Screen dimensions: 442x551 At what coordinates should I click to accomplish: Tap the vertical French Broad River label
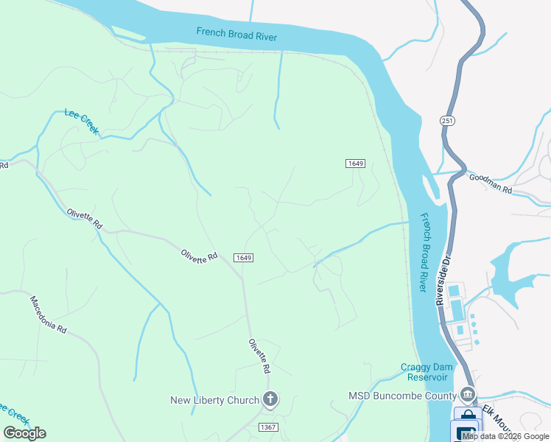[x=424, y=252]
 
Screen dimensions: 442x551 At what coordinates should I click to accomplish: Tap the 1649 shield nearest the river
[x=356, y=163]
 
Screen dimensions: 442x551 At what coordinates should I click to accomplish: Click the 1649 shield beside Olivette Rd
[x=245, y=257]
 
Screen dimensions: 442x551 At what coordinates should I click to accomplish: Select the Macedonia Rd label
[x=48, y=315]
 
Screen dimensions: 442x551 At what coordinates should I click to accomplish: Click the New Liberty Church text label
[x=214, y=400]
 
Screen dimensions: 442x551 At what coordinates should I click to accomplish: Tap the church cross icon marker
[x=270, y=400]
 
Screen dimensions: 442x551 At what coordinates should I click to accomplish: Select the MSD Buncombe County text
[x=401, y=396]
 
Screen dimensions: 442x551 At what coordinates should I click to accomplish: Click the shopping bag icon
[x=466, y=416]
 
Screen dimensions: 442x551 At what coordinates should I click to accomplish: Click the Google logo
[x=24, y=433]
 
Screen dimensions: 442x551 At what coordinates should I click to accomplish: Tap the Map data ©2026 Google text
[x=505, y=436]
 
